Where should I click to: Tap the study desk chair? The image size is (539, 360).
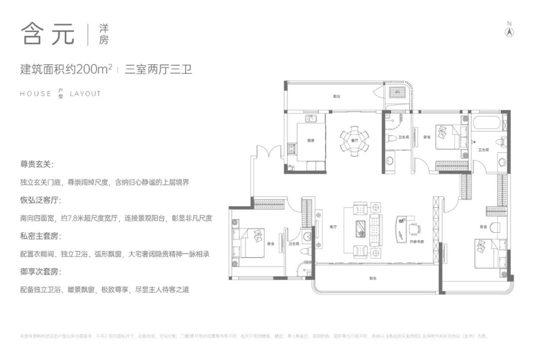[x=414, y=229]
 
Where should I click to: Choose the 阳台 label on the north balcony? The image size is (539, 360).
[x=337, y=96]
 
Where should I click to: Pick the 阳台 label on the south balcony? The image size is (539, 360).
[x=373, y=278]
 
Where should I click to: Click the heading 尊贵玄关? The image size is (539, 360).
[x=36, y=164]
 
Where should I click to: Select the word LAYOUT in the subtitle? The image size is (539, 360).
[x=85, y=93]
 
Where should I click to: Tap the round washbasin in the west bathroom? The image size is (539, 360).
[x=306, y=235]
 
